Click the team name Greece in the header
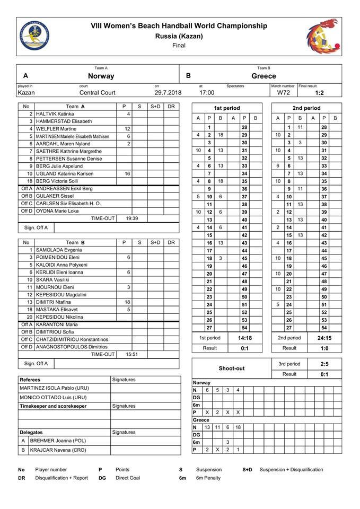click(x=264, y=76)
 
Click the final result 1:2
click(x=319, y=92)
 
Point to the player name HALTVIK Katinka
click(x=55, y=114)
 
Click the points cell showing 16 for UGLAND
click(x=127, y=173)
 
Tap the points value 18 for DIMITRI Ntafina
click(x=127, y=302)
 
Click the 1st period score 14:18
click(x=245, y=338)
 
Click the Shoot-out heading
click(x=231, y=368)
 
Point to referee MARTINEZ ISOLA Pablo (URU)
click(x=54, y=388)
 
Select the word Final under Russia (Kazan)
click(x=179, y=46)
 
